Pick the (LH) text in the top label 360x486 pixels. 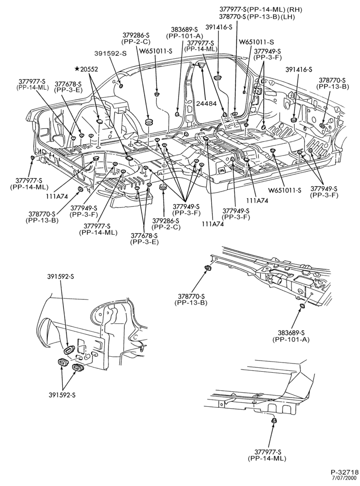pyautogui.click(x=288, y=17)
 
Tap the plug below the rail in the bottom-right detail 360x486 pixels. pyautogui.click(x=274, y=420)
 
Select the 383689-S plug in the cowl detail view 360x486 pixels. pyautogui.click(x=301, y=306)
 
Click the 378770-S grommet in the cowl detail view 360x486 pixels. pyautogui.click(x=208, y=268)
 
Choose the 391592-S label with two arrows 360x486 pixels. pyautogui.click(x=62, y=395)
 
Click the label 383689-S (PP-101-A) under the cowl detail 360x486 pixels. pyautogui.click(x=291, y=336)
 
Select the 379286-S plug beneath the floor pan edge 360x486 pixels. pyautogui.click(x=162, y=188)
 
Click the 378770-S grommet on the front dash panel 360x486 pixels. pyautogui.click(x=322, y=125)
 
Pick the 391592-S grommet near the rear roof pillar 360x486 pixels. pyautogui.click(x=121, y=86)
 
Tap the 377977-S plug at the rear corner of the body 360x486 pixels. pyautogui.click(x=33, y=158)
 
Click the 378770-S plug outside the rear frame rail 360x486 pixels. pyautogui.click(x=79, y=189)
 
